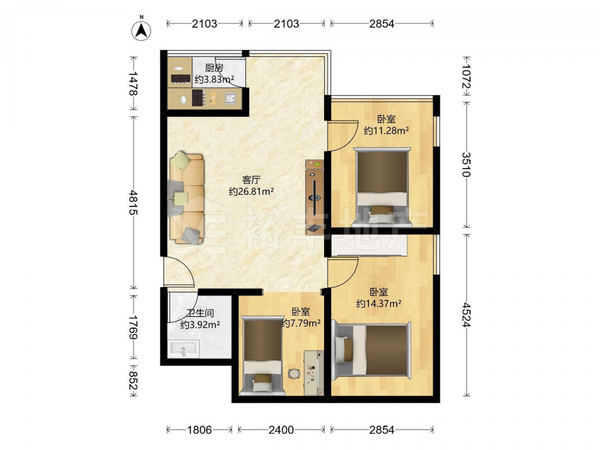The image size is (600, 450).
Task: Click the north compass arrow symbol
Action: click(141, 30)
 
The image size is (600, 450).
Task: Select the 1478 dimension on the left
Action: click(134, 83)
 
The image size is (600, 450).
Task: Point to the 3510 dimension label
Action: click(466, 164)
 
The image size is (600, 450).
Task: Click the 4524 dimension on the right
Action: click(466, 314)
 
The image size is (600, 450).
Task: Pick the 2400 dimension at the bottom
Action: click(281, 430)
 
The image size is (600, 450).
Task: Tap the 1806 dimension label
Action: click(199, 430)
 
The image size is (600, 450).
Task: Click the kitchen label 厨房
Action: click(214, 68)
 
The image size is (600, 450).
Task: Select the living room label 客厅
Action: click(251, 179)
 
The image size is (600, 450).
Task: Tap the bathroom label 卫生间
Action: click(200, 313)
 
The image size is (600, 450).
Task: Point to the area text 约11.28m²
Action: click(386, 130)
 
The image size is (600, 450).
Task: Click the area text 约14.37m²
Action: click(379, 304)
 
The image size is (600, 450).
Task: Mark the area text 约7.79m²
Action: click(301, 323)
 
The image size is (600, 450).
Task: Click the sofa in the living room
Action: click(187, 198)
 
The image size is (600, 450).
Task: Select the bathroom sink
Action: click(184, 349)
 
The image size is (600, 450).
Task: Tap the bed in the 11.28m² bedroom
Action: click(382, 187)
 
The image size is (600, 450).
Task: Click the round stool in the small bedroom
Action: click(294, 373)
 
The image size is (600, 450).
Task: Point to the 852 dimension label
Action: click(134, 381)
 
